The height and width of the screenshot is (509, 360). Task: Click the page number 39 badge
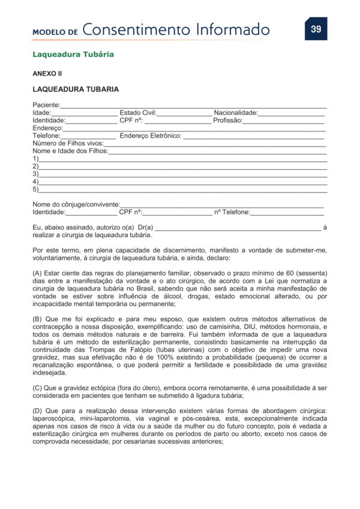[x=316, y=29]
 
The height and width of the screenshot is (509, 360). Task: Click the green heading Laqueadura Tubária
[x=73, y=55]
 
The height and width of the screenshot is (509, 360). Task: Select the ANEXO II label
[x=47, y=74]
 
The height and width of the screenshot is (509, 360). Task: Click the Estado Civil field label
[x=137, y=112]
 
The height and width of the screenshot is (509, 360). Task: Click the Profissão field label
[x=227, y=120]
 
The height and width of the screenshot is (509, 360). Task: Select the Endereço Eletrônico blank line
[x=254, y=136]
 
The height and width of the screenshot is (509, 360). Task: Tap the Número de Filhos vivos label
[x=68, y=143]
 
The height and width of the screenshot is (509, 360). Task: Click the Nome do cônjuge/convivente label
[x=76, y=205]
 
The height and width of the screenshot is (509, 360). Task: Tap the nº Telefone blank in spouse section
[x=287, y=212]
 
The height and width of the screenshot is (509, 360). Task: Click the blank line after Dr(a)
[x=238, y=228]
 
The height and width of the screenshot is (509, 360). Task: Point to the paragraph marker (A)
[x=37, y=273]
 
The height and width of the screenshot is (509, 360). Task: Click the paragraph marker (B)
[x=37, y=318]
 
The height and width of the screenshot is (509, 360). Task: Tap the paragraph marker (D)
[x=37, y=410]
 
